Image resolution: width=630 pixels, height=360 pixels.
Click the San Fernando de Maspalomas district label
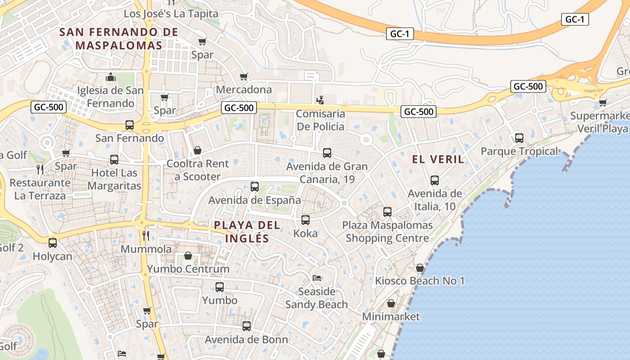(x=119, y=39)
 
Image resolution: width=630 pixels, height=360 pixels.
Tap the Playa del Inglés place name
(x=247, y=231)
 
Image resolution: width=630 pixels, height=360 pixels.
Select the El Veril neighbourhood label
(x=438, y=159)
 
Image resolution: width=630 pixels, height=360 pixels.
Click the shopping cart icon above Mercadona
(x=243, y=76)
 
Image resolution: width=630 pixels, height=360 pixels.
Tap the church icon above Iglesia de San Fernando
(x=110, y=77)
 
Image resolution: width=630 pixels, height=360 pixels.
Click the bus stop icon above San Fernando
(x=130, y=125)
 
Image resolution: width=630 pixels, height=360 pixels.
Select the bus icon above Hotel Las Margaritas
(x=114, y=159)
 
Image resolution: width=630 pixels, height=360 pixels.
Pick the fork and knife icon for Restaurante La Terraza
(x=40, y=169)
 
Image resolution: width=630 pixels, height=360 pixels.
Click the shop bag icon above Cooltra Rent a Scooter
(x=197, y=150)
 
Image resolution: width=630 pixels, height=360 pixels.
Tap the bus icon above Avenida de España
(x=255, y=186)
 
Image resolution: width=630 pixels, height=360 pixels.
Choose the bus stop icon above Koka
(x=306, y=220)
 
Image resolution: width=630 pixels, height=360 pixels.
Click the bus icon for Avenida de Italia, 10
(x=435, y=180)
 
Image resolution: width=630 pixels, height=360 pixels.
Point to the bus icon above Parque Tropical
(x=519, y=138)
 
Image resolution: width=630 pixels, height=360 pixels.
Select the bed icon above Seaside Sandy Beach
(x=317, y=278)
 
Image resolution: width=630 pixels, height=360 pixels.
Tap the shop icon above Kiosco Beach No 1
(x=420, y=268)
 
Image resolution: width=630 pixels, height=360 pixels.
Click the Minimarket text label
(x=391, y=317)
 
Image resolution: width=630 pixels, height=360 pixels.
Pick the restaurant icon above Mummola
(x=146, y=235)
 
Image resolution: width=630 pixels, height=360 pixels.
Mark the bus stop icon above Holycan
(x=53, y=243)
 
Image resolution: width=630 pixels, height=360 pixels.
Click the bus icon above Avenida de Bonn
(x=247, y=326)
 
